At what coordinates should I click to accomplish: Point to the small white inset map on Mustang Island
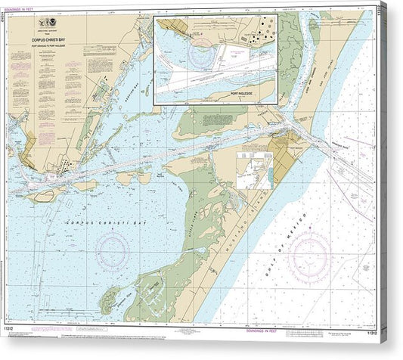coord(254,169)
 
